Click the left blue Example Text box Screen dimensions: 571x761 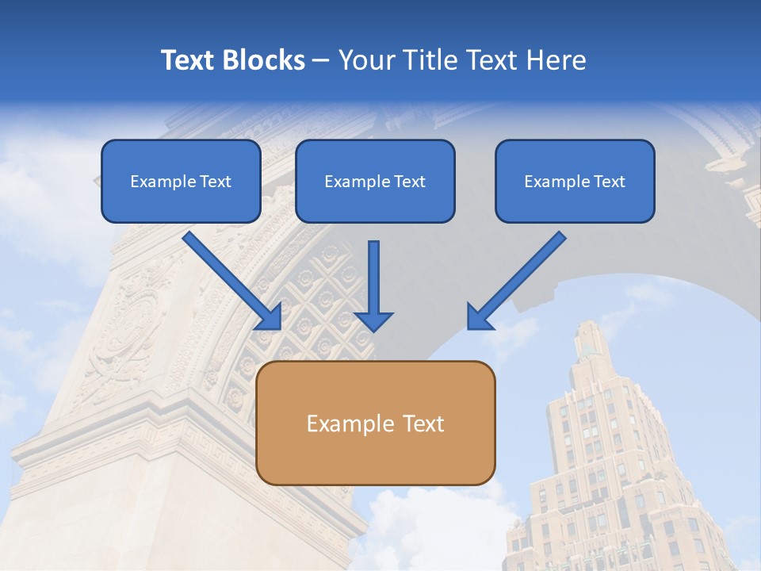(181, 182)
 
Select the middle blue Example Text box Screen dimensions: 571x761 (375, 182)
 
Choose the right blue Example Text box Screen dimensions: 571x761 (575, 182)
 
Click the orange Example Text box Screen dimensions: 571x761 (375, 423)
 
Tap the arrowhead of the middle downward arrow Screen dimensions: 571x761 (373, 320)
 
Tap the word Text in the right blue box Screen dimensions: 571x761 (609, 182)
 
